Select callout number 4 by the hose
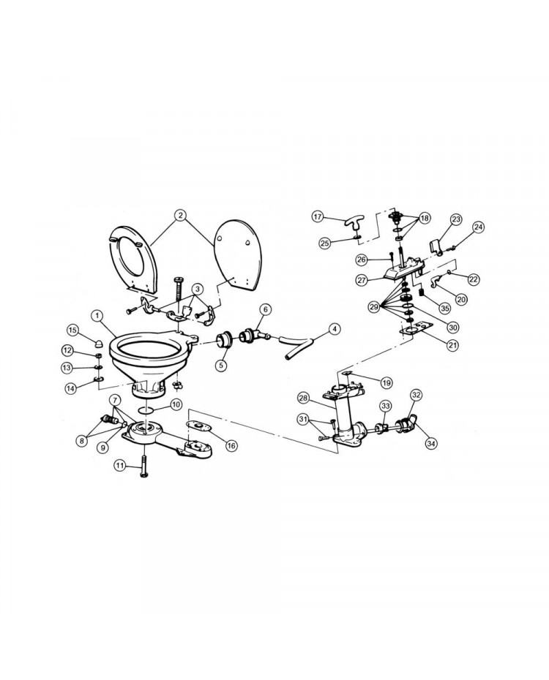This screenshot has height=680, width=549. click(x=333, y=330)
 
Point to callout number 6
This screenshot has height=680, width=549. click(x=266, y=309)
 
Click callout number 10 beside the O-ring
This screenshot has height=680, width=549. click(x=176, y=405)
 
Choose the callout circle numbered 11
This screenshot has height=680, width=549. click(x=120, y=466)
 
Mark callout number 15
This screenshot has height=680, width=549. click(x=73, y=331)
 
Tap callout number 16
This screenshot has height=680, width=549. click(x=232, y=445)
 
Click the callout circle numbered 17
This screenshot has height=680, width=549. click(x=318, y=216)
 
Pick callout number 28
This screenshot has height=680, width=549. click(x=303, y=398)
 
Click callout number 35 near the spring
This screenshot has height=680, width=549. click(x=444, y=309)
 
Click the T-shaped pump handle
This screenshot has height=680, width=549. click(x=351, y=225)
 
